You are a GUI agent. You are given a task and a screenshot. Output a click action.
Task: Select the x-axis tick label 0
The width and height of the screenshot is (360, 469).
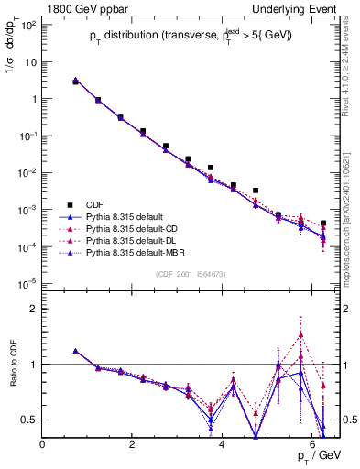tap(43, 444)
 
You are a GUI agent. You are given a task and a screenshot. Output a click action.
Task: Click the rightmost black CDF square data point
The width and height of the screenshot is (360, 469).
tap(323, 224)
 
